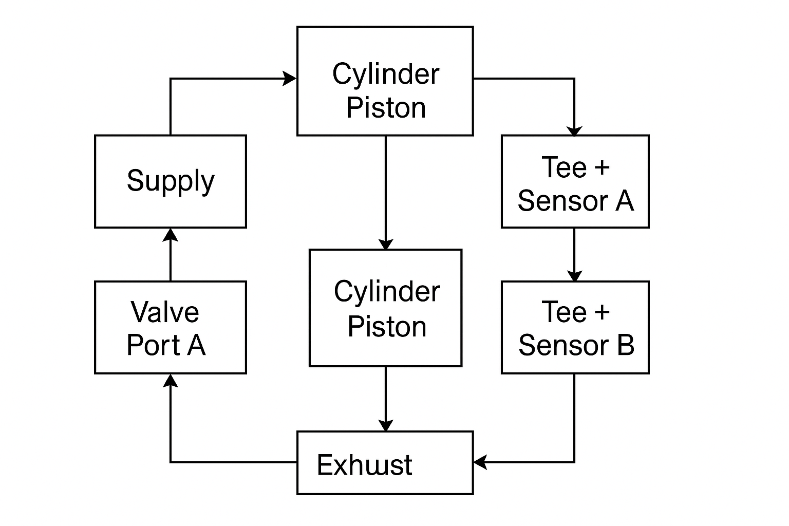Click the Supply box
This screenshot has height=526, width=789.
click(x=171, y=181)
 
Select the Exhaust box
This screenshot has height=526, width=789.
click(x=385, y=463)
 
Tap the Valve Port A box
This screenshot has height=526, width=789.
click(x=171, y=327)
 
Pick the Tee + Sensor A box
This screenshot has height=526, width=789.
click(x=575, y=181)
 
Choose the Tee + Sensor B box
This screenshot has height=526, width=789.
click(x=575, y=327)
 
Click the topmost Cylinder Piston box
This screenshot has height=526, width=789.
click(x=385, y=81)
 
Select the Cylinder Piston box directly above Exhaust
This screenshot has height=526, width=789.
click(x=385, y=308)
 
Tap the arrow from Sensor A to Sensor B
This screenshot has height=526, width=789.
click(x=574, y=254)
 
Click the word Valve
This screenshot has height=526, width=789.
click(x=164, y=312)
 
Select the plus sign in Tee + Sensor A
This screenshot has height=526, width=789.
click(x=602, y=167)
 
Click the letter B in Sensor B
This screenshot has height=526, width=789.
click(x=625, y=345)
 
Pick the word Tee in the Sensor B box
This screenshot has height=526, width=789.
click(x=563, y=312)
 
